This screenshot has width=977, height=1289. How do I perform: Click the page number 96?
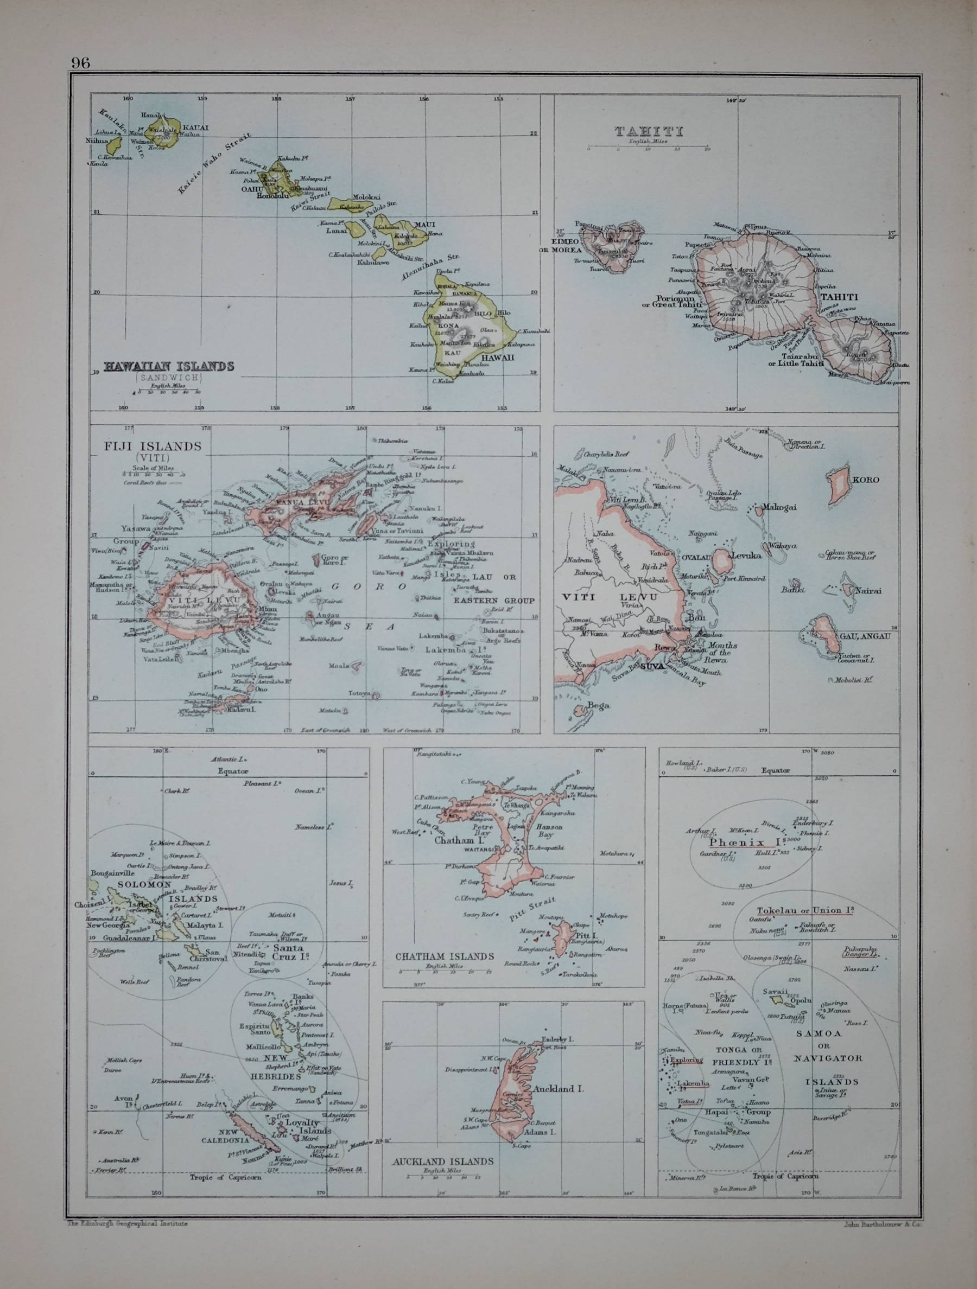click(x=81, y=62)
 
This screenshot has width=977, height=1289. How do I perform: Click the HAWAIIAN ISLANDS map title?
click(x=168, y=366)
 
